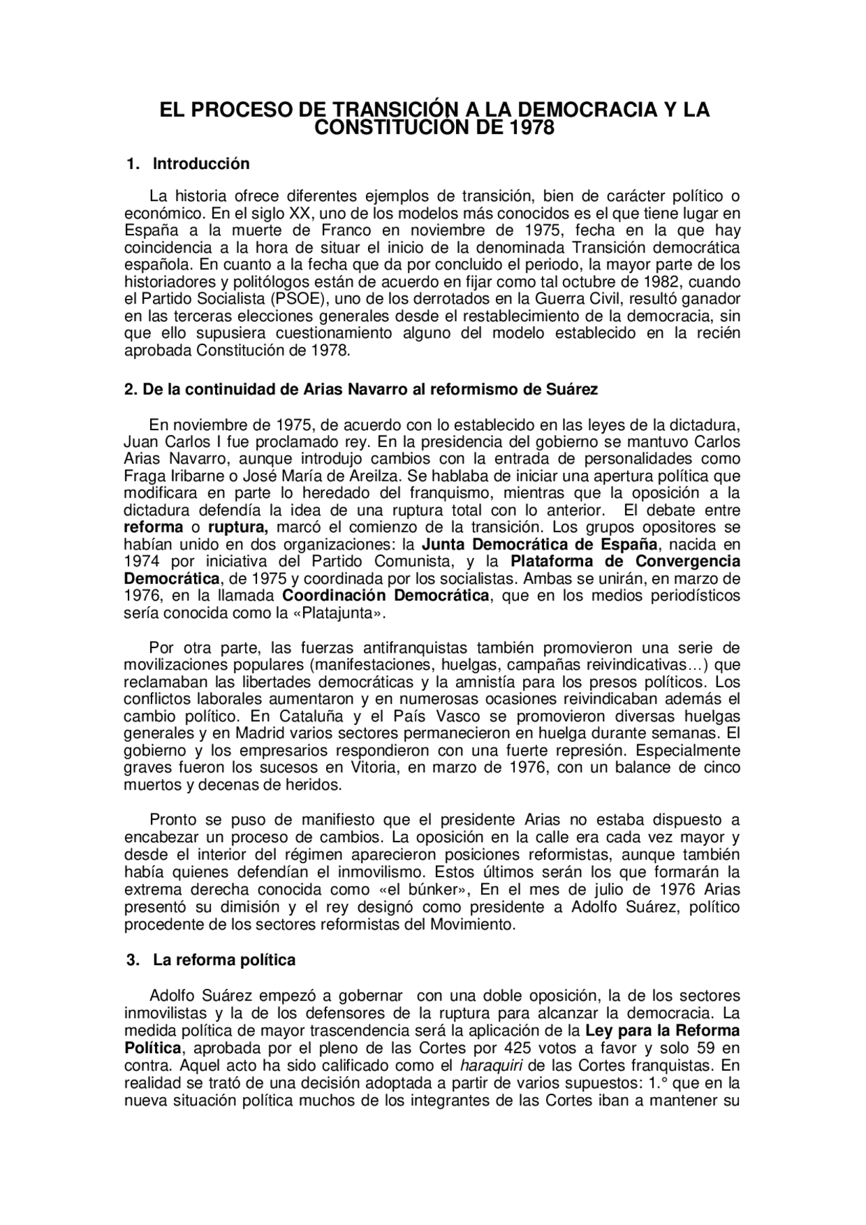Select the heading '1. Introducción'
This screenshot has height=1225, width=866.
coord(188,164)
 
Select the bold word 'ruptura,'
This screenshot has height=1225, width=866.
coord(238,527)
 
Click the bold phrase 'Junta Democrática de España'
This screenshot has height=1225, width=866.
coord(539,545)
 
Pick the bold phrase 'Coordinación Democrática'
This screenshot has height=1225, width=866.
coord(385,596)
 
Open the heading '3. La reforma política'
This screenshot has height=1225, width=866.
coord(211,960)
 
